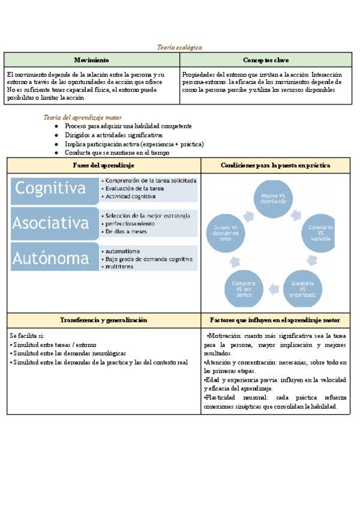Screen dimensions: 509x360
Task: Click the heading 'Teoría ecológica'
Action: click(x=179, y=47)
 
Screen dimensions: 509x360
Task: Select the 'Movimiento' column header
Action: click(x=91, y=60)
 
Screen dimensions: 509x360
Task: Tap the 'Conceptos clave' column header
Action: click(x=265, y=60)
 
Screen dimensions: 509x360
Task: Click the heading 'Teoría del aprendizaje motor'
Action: click(x=83, y=118)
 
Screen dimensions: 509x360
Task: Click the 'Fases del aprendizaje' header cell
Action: click(x=104, y=164)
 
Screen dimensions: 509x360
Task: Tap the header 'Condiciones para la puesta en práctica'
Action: click(x=275, y=164)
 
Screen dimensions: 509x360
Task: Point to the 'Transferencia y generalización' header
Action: click(x=104, y=320)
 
